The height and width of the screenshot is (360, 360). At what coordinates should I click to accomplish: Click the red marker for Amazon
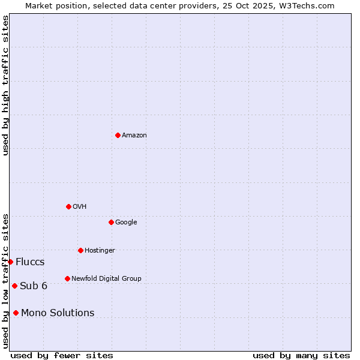[118, 135]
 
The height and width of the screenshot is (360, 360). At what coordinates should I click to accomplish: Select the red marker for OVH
[68, 206]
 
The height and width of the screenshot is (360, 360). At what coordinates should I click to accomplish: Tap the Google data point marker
[111, 222]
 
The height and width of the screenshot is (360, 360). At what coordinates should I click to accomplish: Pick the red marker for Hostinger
[80, 250]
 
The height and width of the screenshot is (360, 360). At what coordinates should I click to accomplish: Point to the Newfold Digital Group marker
[67, 278]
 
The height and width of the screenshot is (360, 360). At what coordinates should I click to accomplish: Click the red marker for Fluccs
[10, 262]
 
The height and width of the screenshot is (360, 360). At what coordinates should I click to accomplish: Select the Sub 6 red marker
[14, 286]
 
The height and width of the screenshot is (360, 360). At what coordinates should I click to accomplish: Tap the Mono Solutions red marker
[16, 313]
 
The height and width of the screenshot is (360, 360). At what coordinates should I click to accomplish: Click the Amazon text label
[134, 136]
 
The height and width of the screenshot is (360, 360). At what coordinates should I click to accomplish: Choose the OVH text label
[80, 207]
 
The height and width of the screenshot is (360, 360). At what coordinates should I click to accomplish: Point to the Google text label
[126, 223]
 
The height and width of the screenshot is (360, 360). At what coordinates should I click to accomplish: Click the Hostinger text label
[100, 251]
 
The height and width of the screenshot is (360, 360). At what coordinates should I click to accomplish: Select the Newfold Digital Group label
[106, 279]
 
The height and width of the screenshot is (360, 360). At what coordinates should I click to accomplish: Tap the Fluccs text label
[30, 262]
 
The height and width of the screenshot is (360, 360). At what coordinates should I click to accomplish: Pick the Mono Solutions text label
[58, 313]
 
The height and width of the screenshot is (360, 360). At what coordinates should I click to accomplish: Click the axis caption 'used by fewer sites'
[62, 356]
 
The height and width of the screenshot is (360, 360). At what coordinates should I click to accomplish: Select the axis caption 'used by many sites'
[301, 356]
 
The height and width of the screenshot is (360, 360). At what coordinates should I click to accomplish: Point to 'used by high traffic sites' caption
[5, 85]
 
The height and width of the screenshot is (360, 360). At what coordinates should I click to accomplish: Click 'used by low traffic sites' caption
[5, 281]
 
